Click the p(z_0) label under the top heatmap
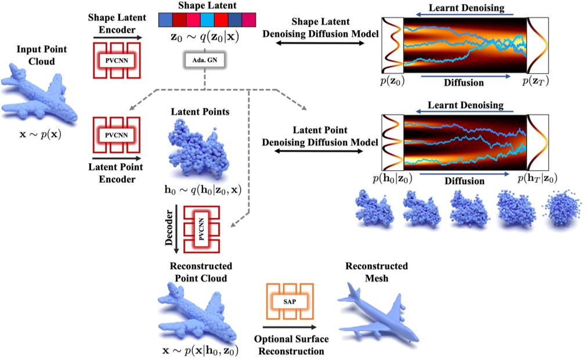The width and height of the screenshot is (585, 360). pos(391,81)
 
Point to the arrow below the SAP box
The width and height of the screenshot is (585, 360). pos(288,328)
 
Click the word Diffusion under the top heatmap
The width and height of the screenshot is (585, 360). pos(464,82)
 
